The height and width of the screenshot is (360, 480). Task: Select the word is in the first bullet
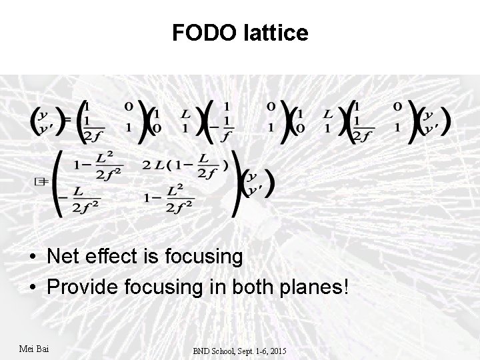(x=163, y=256)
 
